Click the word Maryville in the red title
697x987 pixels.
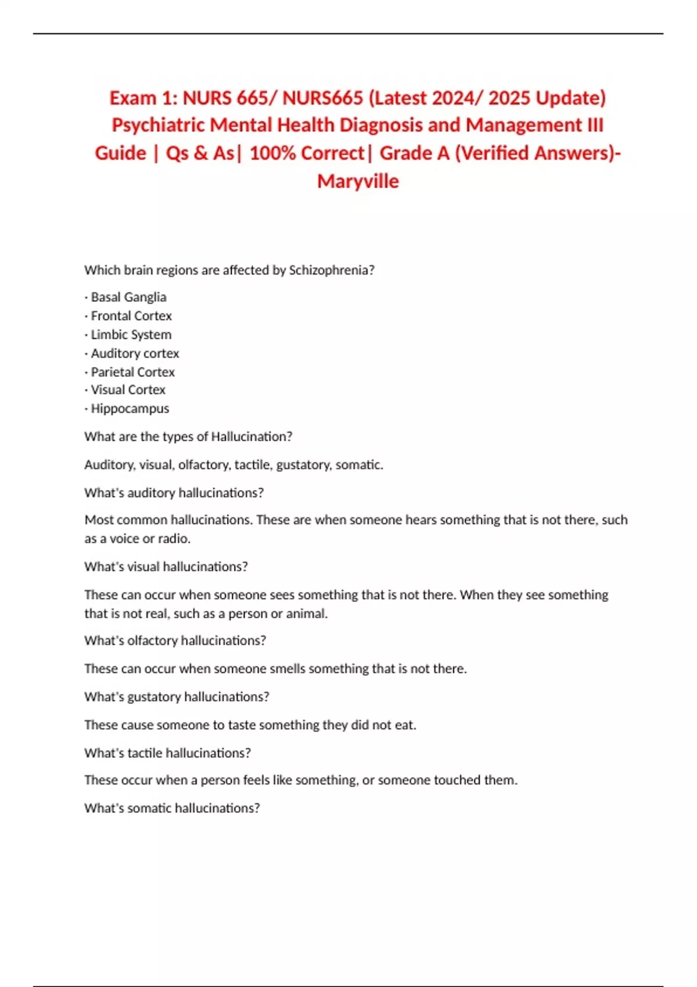point(358,181)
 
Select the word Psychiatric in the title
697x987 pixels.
point(158,125)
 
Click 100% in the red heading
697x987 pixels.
point(272,153)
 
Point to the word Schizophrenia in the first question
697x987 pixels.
point(331,270)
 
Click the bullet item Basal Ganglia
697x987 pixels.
point(128,297)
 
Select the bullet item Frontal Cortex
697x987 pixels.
point(131,316)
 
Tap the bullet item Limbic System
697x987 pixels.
point(131,334)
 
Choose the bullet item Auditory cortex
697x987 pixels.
point(135,353)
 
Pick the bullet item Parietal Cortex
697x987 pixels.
point(132,372)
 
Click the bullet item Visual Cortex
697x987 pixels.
point(128,390)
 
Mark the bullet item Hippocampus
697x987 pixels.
point(130,408)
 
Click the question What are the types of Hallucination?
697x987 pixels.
point(188,437)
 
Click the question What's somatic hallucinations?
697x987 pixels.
point(172,808)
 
